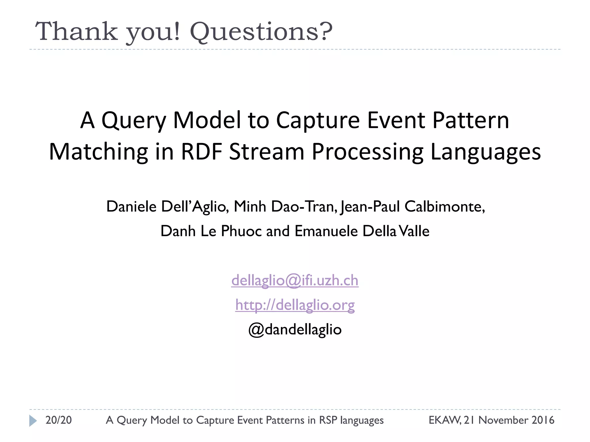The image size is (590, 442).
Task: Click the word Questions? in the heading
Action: point(261,32)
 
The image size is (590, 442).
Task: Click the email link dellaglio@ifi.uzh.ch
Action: point(295,280)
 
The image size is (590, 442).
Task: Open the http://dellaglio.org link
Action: point(295,305)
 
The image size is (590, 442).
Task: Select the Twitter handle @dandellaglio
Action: point(295,329)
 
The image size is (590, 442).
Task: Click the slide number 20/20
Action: point(58,420)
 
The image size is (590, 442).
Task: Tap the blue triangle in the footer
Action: point(33,420)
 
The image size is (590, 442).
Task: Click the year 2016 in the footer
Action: point(543,420)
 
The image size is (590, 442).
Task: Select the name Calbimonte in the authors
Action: point(444,207)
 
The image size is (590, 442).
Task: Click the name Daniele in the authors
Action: point(131,207)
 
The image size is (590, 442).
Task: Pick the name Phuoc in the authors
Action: point(241,231)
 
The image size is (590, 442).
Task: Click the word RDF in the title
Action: point(201,152)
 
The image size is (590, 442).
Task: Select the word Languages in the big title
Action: point(485,152)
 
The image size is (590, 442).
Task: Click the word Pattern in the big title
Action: point(471,120)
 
